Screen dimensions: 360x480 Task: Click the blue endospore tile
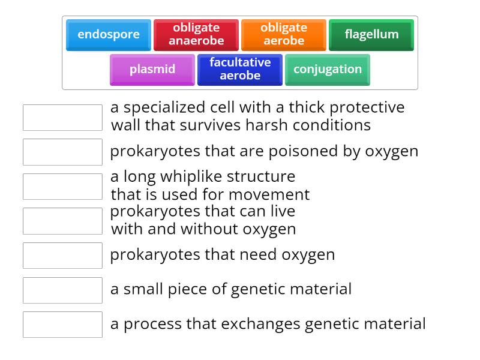pyautogui.click(x=109, y=35)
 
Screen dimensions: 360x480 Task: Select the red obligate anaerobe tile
pyautogui.click(x=196, y=35)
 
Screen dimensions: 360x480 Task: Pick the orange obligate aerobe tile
pyautogui.click(x=284, y=35)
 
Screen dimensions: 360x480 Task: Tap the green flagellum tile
pyautogui.click(x=371, y=35)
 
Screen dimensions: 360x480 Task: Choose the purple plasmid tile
pyautogui.click(x=152, y=70)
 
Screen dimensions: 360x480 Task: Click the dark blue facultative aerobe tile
pyautogui.click(x=240, y=70)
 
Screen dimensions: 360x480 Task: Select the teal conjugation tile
pyautogui.click(x=328, y=70)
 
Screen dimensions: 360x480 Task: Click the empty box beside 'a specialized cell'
pyautogui.click(x=62, y=118)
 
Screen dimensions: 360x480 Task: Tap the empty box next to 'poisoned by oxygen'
pyautogui.click(x=62, y=152)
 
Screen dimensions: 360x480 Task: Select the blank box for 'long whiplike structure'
pyautogui.click(x=62, y=187)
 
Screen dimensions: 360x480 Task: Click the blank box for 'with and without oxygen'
pyautogui.click(x=62, y=221)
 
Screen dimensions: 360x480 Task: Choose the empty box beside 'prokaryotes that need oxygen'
pyautogui.click(x=62, y=256)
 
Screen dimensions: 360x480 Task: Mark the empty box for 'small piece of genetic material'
pyautogui.click(x=62, y=290)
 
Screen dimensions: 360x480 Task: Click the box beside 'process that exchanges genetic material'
pyautogui.click(x=62, y=325)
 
